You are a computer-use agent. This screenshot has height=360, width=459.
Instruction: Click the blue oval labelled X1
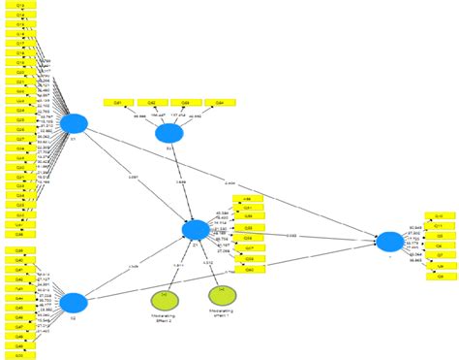coord(74,123)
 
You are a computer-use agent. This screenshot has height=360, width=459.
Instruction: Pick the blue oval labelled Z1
coord(197,229)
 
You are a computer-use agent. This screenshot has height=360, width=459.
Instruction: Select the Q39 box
coord(20,251)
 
